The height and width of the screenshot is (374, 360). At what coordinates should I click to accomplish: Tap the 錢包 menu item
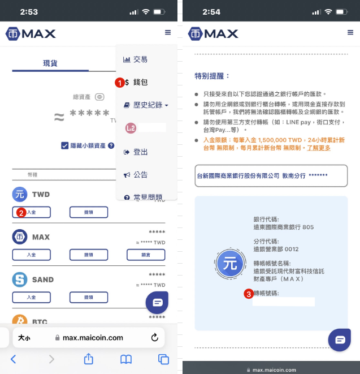140,82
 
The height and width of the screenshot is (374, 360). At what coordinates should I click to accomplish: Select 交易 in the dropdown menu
140,59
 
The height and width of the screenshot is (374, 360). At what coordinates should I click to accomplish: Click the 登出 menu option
140,152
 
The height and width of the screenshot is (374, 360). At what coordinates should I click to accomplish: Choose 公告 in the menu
140,175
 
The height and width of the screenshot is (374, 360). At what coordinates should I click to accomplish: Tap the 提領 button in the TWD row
88,212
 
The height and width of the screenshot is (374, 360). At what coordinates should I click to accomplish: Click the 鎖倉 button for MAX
146,255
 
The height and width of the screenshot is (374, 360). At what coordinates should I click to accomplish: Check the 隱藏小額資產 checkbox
65,145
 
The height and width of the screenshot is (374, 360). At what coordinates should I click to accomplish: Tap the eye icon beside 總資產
99,97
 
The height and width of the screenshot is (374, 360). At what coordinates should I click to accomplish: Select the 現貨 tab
50,63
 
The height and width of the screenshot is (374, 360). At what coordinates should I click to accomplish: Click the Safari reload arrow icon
154,338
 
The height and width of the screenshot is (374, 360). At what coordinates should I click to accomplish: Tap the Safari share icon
88,359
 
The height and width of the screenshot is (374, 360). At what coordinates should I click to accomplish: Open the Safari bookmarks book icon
126,359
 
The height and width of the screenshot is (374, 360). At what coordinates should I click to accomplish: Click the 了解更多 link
319,148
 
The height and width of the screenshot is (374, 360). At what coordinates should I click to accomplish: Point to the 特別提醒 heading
212,76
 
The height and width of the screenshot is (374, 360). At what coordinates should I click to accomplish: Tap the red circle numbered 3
248,294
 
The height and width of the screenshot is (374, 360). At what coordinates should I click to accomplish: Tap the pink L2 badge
131,128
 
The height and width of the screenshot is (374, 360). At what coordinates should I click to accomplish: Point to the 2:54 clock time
208,11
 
